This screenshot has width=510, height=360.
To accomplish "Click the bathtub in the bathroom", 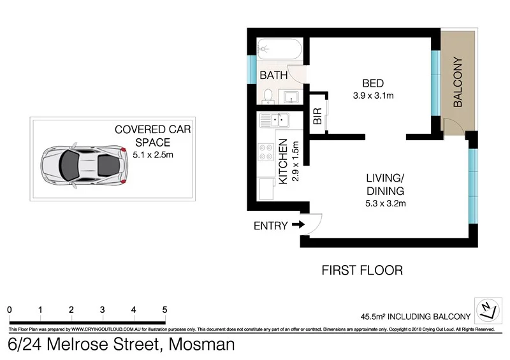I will pyautogui.click(x=279, y=49).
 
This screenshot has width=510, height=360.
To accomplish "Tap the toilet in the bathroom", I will pyautogui.click(x=268, y=96).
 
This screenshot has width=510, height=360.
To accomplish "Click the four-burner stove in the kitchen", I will pyautogui.click(x=266, y=152).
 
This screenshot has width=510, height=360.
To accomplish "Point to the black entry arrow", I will pyautogui.click(x=298, y=225).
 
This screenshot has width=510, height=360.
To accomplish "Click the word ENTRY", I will pyautogui.click(x=270, y=225).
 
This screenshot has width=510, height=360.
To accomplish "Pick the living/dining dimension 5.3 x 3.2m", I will pyautogui.click(x=386, y=203).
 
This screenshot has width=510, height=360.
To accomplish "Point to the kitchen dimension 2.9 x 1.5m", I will pyautogui.click(x=295, y=162).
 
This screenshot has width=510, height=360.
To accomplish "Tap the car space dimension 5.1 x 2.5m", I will pyautogui.click(x=152, y=154).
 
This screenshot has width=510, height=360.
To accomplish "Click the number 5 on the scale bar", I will pyautogui.click(x=164, y=310).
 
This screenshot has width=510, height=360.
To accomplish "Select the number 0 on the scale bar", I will pyautogui.click(x=10, y=310).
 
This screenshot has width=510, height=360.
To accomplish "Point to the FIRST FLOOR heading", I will pyautogui.click(x=362, y=270).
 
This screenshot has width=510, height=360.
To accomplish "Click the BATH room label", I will pyautogui.click(x=273, y=76).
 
